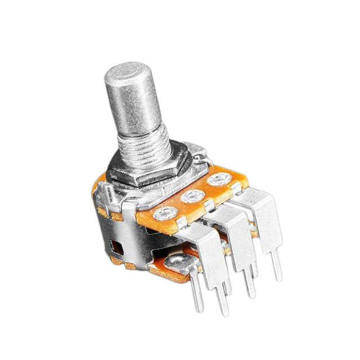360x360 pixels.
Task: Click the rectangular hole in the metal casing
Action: pyautogui.click(x=114, y=246)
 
